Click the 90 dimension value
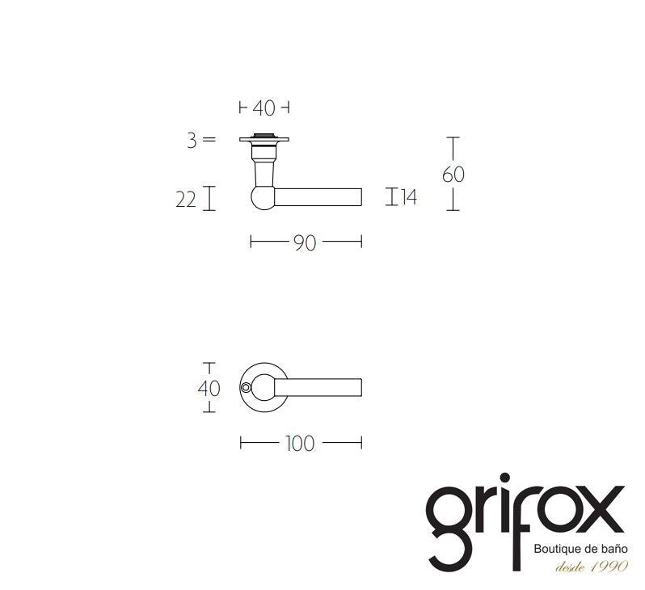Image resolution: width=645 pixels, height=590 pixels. [x=305, y=242]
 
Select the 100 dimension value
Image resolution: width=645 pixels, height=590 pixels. [x=301, y=444]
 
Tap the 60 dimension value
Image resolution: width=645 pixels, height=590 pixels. [x=453, y=175]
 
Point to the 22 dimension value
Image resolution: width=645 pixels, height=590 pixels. [x=186, y=200]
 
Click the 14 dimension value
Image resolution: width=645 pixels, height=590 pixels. [x=409, y=197]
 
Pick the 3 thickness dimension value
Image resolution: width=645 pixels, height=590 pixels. [x=192, y=141]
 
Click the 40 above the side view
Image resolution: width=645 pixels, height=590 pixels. [x=263, y=108]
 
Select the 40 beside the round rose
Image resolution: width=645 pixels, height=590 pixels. [x=209, y=389]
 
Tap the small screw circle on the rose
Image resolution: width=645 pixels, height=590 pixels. [x=246, y=388]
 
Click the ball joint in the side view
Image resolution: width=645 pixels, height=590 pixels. [x=263, y=197]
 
